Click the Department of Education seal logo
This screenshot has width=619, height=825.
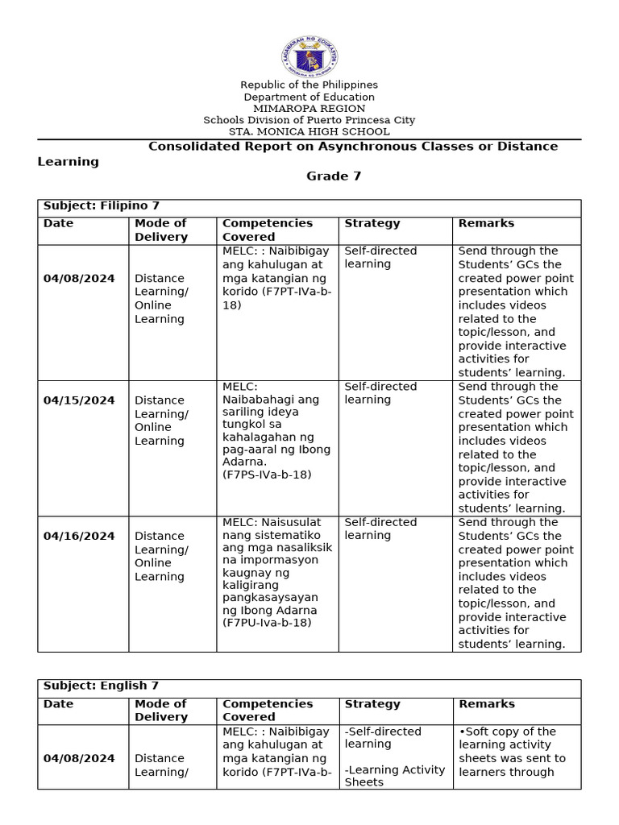tap(309, 56)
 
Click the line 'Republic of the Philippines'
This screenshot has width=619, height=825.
tap(309, 85)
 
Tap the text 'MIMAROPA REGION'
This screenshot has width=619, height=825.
tap(309, 109)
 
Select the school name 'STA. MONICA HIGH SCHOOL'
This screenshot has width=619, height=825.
tap(309, 131)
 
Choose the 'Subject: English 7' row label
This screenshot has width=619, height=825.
tap(101, 686)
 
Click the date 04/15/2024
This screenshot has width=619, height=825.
tap(79, 400)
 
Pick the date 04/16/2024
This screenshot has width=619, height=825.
tap(79, 536)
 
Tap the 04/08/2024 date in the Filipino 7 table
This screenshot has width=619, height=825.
tap(79, 279)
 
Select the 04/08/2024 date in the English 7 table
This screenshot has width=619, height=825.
tap(79, 758)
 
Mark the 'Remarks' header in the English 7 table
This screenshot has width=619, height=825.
tap(486, 704)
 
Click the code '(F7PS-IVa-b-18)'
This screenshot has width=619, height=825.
tap(267, 475)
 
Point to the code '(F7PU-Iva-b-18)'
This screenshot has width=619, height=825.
tap(267, 623)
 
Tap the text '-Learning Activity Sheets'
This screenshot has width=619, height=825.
tap(394, 776)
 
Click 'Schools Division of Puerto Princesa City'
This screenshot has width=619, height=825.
tap(309, 120)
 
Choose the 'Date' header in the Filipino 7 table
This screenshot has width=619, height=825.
tap(58, 224)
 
